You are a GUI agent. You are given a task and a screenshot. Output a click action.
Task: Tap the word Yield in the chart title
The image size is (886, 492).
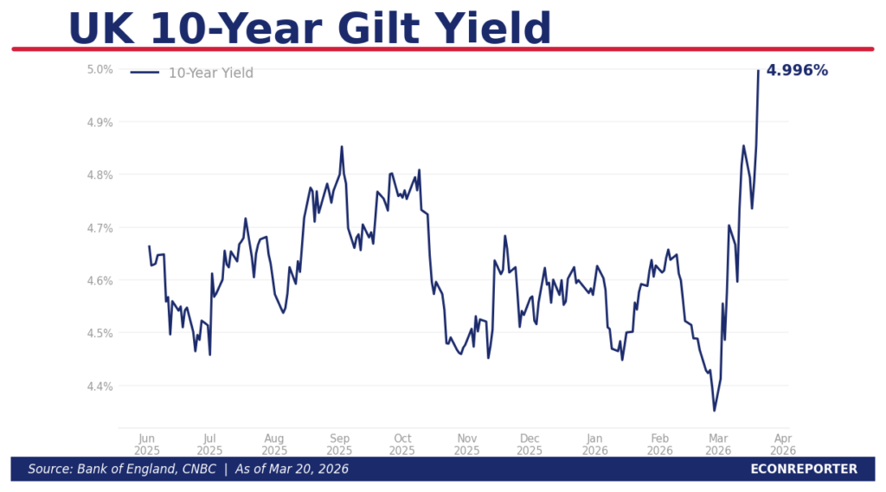tap(490, 29)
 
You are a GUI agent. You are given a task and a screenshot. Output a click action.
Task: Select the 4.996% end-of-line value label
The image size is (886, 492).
tap(797, 71)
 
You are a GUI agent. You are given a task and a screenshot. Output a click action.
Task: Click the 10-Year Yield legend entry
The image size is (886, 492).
tap(210, 73)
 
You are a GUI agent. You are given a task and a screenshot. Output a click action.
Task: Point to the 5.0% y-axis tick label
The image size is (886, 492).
tap(100, 69)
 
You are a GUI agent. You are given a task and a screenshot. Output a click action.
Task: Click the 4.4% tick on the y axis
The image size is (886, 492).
tap(100, 386)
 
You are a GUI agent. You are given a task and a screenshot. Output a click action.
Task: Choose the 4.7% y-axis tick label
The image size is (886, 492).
tap(100, 227)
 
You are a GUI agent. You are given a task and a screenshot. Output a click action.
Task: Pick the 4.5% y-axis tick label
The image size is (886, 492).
tap(100, 333)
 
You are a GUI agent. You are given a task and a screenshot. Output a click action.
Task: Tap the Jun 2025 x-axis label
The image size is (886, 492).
tap(146, 444)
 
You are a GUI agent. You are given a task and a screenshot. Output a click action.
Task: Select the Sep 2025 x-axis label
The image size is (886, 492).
tap(339, 444)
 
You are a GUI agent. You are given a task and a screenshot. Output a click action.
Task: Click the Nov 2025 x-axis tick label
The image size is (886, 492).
tap(466, 444)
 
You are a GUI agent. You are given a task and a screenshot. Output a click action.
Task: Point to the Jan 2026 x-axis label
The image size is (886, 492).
tap(594, 444)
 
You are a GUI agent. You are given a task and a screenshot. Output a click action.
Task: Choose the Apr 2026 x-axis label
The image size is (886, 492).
tap(782, 444)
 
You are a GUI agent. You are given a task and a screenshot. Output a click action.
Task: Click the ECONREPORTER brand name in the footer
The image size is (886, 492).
tap(804, 469)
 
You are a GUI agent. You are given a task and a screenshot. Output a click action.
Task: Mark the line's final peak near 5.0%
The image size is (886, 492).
tap(758, 71)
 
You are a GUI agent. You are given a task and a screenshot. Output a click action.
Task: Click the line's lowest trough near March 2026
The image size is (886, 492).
tap(714, 410)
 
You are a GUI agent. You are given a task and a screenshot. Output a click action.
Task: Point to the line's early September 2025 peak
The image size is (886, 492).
tap(342, 147)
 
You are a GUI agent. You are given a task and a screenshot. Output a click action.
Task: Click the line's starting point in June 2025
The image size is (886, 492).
tap(149, 246)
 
